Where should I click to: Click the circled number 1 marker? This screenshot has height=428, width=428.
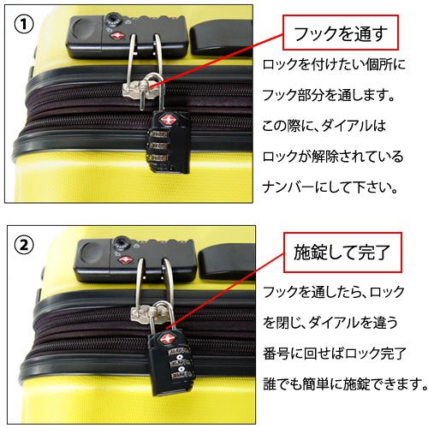(24, 25)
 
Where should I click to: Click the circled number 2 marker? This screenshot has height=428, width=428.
(24, 245)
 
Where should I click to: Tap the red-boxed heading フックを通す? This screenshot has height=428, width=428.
(341, 33)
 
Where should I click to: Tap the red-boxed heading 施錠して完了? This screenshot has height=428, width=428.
(342, 253)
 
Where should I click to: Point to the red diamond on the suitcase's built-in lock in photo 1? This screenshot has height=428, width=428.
(116, 37)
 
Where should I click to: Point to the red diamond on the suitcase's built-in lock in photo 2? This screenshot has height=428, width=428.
(124, 260)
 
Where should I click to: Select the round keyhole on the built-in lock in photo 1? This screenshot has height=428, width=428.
(112, 20)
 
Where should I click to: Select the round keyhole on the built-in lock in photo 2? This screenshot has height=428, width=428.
(122, 243)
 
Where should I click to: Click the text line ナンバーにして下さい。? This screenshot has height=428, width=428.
(330, 187)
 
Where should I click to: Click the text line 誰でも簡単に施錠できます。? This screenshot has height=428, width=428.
(345, 384)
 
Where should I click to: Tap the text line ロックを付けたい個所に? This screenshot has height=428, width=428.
(334, 64)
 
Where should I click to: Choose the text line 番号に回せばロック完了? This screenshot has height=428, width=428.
(335, 354)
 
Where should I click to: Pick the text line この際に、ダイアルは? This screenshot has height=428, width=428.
(324, 126)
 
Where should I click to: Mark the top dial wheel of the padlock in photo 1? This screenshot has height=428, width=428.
(158, 134)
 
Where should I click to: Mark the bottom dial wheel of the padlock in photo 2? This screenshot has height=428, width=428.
(181, 375)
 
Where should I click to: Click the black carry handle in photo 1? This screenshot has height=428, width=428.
(221, 37)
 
